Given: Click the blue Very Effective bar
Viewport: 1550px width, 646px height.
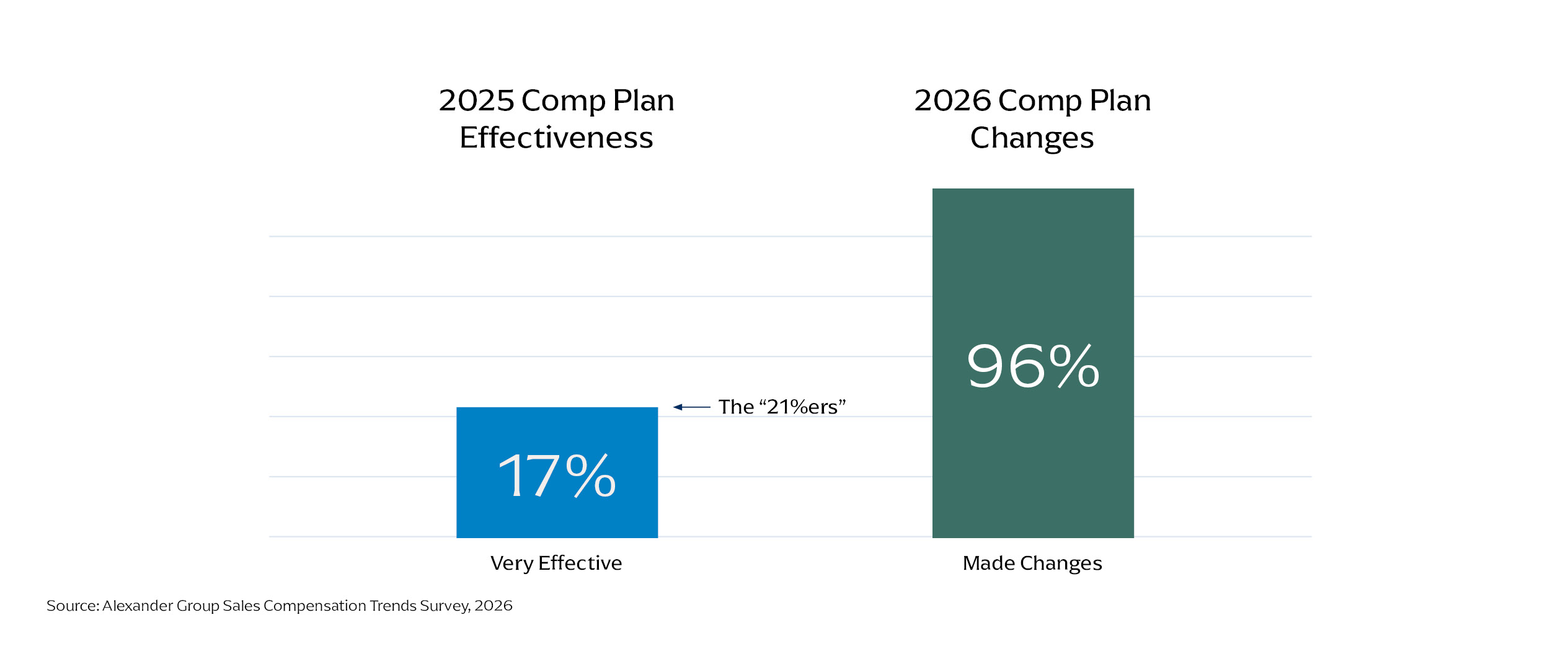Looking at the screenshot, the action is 557,472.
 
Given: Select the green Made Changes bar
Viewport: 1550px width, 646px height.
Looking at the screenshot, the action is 1033,363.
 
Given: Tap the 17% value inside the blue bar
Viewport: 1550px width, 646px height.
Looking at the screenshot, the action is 557,476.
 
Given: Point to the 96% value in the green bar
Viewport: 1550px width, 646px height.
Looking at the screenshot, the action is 1033,366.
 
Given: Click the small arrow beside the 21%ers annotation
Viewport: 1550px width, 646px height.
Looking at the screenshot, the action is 692,407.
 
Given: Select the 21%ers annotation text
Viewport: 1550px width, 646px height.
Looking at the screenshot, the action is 782,407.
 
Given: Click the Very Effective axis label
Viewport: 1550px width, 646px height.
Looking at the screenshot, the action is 556,563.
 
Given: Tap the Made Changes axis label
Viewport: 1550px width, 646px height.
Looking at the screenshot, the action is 1032,564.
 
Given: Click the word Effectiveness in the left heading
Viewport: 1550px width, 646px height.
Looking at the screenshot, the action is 556,138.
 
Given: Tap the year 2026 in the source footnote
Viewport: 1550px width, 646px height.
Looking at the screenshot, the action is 494,606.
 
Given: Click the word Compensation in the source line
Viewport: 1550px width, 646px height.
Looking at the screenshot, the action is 315,606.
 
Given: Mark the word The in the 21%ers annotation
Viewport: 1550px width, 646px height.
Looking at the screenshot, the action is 736,407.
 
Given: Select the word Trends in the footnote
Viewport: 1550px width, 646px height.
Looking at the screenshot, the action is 393,606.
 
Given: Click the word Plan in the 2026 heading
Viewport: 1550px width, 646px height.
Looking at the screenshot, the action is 1120,100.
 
